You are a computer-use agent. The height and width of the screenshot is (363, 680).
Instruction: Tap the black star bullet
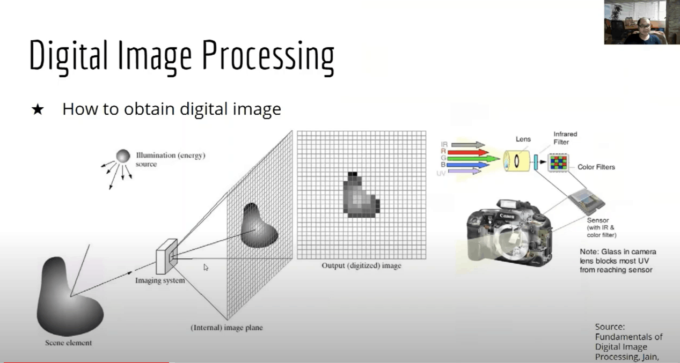(x=38, y=110)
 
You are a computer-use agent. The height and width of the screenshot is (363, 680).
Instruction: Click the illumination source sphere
(x=123, y=156)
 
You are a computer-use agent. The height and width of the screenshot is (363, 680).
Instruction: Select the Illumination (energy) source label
(x=170, y=159)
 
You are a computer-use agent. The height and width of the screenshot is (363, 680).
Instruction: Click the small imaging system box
(x=166, y=256)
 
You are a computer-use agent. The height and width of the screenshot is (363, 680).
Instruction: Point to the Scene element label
(x=68, y=343)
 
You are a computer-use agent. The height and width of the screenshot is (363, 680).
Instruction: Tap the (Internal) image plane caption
(x=227, y=328)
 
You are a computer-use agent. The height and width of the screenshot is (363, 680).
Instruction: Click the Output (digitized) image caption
(x=361, y=265)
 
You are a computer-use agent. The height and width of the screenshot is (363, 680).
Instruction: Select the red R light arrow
(x=468, y=152)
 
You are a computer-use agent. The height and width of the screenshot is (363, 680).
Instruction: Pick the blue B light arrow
(x=469, y=165)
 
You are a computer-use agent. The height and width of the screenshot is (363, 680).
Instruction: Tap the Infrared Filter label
(x=565, y=138)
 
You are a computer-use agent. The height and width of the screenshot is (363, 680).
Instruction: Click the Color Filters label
(x=596, y=167)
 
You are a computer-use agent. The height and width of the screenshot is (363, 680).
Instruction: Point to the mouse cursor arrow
(x=206, y=266)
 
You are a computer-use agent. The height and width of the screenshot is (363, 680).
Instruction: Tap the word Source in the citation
(x=609, y=327)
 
